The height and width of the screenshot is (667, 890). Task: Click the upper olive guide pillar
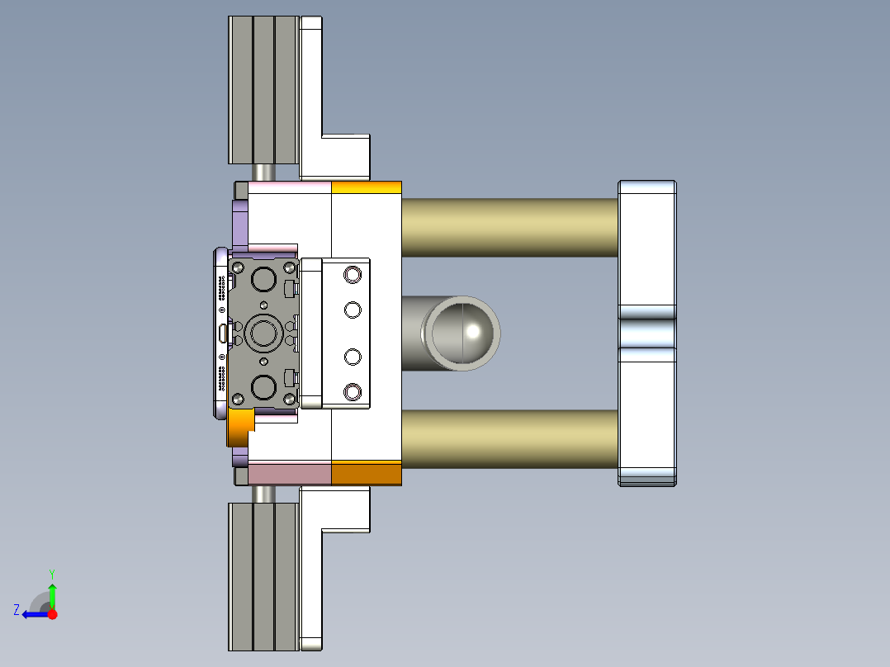509,227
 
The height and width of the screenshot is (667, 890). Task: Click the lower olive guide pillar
509,439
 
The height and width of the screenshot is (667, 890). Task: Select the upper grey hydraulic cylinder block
263,90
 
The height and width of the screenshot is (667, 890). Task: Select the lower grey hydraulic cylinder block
263,575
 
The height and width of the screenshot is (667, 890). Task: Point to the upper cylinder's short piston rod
264,172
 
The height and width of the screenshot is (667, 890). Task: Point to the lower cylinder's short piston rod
264,493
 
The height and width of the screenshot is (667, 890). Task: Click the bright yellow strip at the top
366,187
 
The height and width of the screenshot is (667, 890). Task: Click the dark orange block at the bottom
366,473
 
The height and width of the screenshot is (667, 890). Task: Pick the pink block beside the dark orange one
289,473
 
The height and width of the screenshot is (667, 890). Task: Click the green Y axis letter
52,573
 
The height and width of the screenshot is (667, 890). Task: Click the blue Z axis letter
17,610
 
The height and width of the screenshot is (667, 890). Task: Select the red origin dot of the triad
52,614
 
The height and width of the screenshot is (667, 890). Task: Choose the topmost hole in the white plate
353,273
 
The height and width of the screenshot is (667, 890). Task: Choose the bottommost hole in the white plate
353,390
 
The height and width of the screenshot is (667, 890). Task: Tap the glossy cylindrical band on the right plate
647,333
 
